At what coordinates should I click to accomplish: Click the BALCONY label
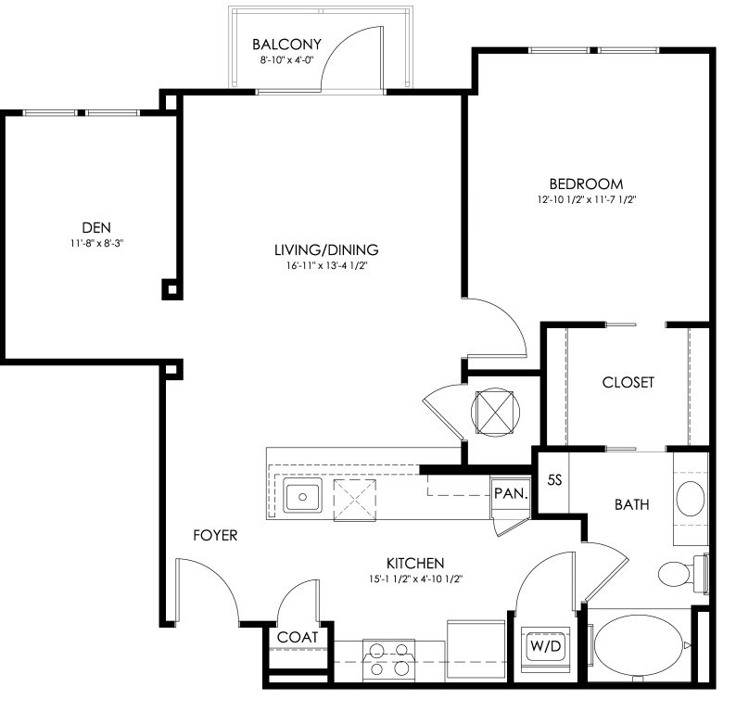coord(286,44)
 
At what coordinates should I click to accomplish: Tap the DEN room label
coord(96,228)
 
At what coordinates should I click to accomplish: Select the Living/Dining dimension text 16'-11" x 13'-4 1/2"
coord(326,266)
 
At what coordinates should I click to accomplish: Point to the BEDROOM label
coord(586,184)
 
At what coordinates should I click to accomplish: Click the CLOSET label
coord(628,383)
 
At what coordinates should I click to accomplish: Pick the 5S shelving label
coord(554,480)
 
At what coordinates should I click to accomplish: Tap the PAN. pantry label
coord(511,493)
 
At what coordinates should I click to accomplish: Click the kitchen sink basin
coord(302,496)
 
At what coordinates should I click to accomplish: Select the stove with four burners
coord(388,660)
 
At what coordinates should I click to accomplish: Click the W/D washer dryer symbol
coord(545,646)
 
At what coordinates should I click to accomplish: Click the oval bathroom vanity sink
coord(690,499)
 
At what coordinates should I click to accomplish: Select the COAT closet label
coord(298,638)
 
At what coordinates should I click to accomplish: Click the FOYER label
coord(215,535)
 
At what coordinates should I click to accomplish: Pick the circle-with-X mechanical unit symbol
coord(495,413)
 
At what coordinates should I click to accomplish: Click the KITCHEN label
coord(415,564)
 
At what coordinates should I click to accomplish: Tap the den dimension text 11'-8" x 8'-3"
coord(96,244)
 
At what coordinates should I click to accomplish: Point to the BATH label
coord(632,505)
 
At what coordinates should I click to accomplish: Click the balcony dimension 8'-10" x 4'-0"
coord(286,60)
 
